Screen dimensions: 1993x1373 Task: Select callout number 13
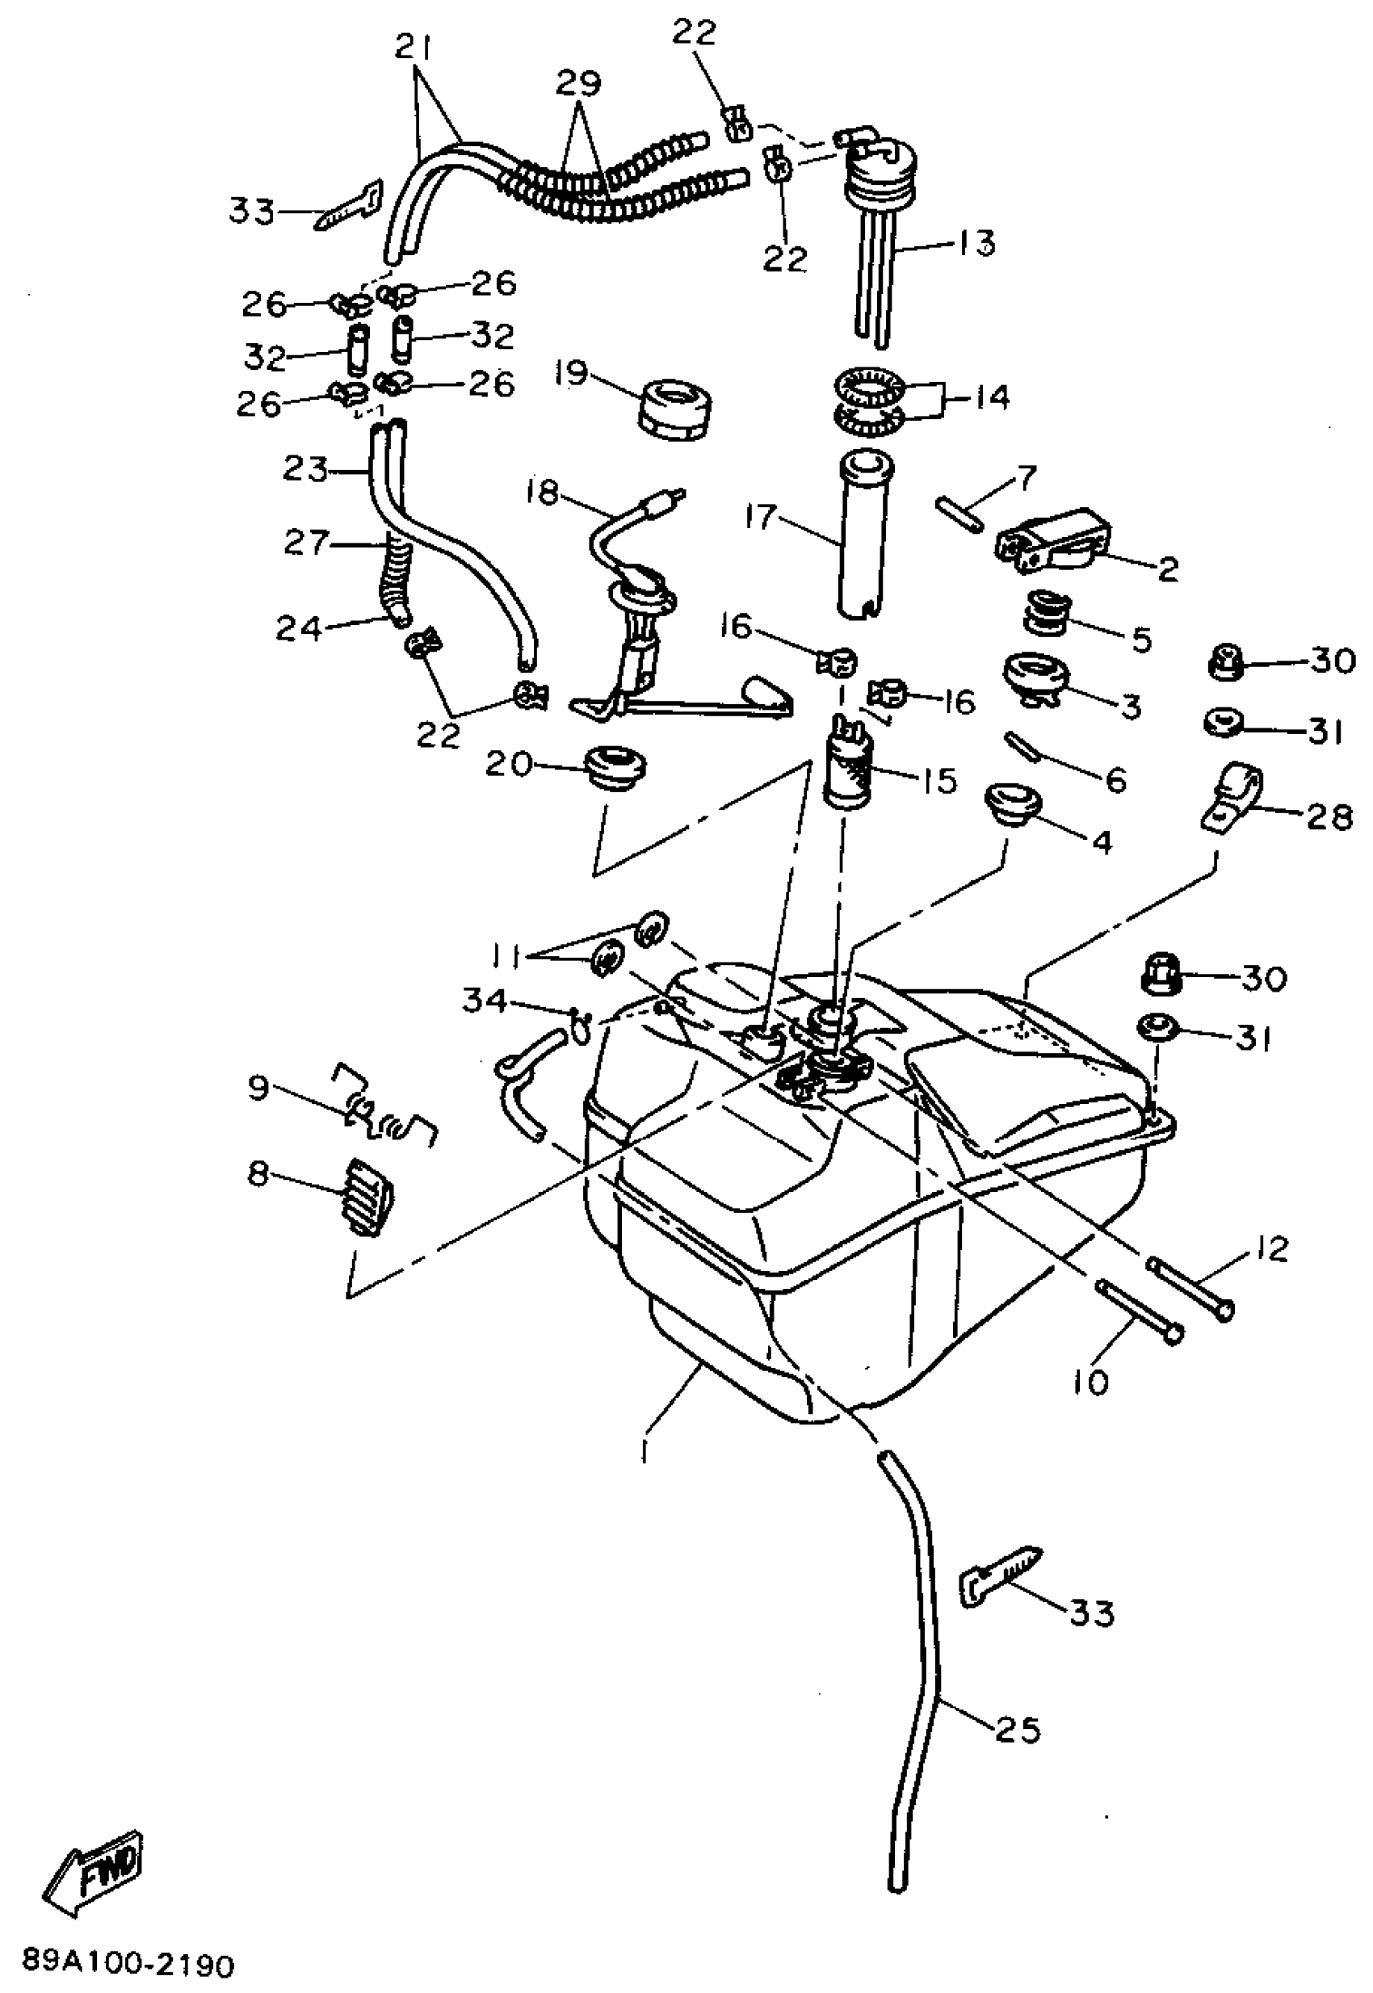tap(975, 242)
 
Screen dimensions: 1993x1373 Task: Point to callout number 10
tap(1090, 1383)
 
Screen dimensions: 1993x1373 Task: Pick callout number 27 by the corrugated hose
tap(306, 543)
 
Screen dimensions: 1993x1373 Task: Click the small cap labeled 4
tap(1013, 801)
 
